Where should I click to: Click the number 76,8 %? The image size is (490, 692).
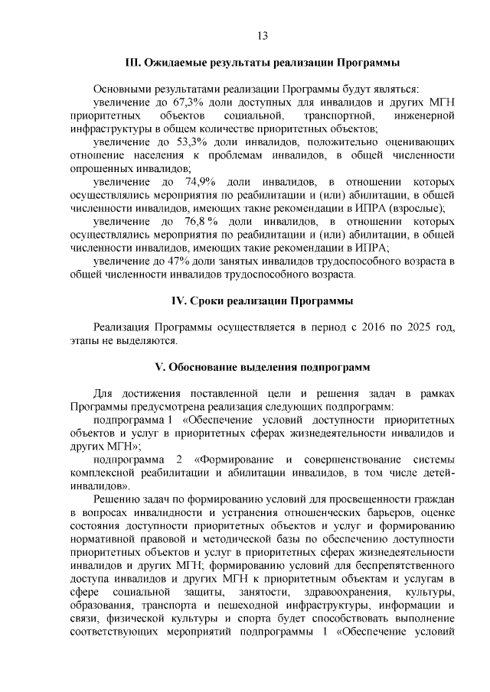[203, 222]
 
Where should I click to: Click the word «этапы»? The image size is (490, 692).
[83, 340]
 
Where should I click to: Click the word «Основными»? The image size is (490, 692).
[121, 89]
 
